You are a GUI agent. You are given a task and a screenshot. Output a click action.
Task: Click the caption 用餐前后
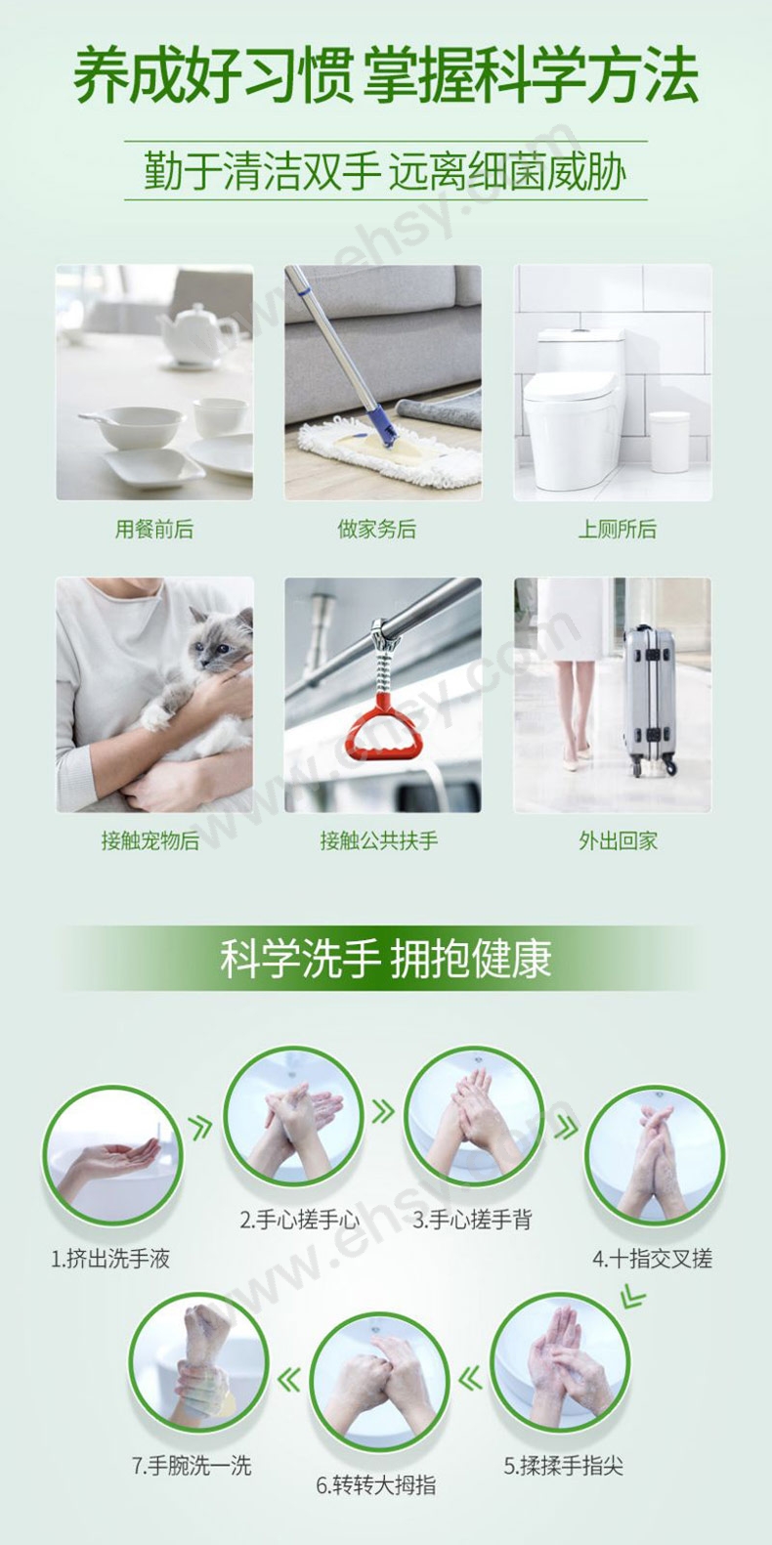tap(153, 529)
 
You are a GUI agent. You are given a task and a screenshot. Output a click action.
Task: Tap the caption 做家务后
tap(376, 529)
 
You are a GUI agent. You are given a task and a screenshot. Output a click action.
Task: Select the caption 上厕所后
tap(618, 529)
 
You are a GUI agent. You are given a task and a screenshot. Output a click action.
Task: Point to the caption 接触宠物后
tap(150, 840)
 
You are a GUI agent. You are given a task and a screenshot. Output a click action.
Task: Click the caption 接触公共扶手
tap(379, 840)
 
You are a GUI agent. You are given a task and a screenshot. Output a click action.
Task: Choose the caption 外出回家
tap(619, 840)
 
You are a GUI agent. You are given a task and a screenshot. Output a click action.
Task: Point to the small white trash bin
tap(669, 442)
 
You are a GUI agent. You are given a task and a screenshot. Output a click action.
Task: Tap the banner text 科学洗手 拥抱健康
tap(386, 959)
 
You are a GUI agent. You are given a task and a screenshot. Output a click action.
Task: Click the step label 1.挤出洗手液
tap(110, 1259)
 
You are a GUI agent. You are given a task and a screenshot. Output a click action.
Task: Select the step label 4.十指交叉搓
tap(653, 1259)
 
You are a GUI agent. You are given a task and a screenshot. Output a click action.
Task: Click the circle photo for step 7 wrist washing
tap(198, 1361)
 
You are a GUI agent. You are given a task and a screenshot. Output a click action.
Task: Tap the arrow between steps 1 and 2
tap(200, 1128)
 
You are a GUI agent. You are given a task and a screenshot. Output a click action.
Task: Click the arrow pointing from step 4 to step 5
tap(631, 1296)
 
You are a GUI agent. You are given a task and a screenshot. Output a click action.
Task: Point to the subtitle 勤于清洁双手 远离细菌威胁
tap(385, 171)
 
